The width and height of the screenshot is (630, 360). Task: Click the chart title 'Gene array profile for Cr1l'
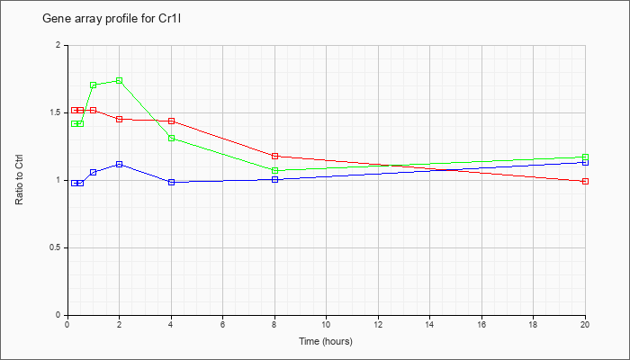point(112,19)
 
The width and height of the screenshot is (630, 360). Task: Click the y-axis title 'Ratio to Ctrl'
point(19,180)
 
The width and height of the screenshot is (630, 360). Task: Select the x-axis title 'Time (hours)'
point(326,341)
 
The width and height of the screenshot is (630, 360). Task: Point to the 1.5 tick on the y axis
point(60,112)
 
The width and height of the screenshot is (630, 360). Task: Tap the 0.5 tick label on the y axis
point(60,247)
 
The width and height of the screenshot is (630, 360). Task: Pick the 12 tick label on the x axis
point(378,324)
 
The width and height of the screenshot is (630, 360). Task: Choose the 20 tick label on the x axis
point(585,324)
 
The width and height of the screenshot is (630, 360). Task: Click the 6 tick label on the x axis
point(222,324)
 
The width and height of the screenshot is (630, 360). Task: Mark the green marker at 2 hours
point(120,81)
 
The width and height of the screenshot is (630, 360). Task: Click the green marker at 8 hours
point(274,171)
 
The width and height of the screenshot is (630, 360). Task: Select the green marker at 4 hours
point(172,139)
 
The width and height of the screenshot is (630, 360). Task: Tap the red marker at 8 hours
point(274,156)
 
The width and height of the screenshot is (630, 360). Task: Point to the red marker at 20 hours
point(585,181)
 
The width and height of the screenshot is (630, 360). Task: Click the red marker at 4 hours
point(172,121)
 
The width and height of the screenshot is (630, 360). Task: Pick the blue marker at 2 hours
point(120,165)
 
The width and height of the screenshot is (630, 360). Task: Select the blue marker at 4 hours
point(172,182)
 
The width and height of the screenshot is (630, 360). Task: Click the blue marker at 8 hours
point(274,180)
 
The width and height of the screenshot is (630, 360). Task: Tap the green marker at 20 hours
point(585,157)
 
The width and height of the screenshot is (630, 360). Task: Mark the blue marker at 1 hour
point(94,173)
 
